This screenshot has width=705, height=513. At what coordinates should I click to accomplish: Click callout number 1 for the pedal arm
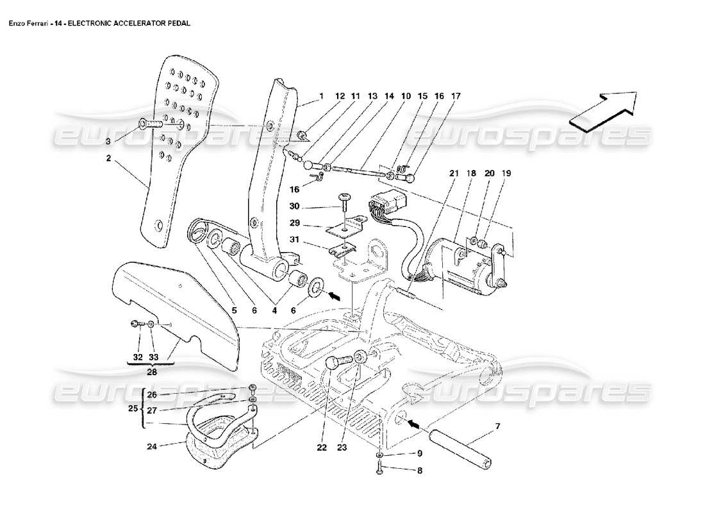coord(321,96)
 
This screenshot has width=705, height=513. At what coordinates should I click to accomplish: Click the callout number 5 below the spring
coord(234,310)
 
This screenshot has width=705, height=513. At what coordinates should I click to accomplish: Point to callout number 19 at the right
coord(506,173)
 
